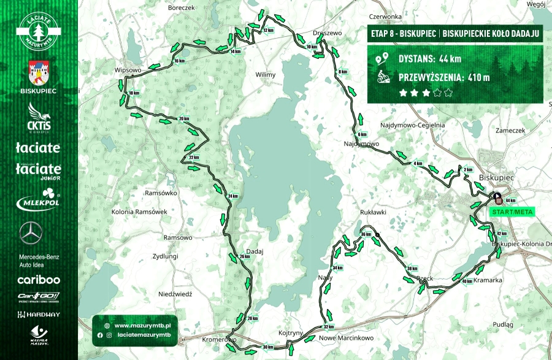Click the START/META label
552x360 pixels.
coord(512,212)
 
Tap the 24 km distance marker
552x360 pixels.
coord(232,196)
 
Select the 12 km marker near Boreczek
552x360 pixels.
coord(267,30)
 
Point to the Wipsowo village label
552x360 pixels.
coord(128,71)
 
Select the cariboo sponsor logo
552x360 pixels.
coord(39,280)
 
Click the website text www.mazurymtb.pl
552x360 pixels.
coord(142,326)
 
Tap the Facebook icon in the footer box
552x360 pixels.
coord(100,335)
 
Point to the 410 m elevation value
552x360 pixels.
coord(478,77)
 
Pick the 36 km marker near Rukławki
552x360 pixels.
coord(366,235)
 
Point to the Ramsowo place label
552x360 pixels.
coord(178,237)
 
